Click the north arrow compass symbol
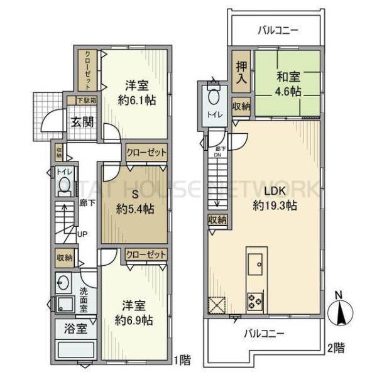pyautogui.click(x=340, y=309)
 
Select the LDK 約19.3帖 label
pyautogui.click(x=275, y=197)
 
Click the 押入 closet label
pyautogui.click(x=241, y=72)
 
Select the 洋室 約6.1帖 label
pyautogui.click(x=136, y=93)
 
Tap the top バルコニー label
pyautogui.click(x=277, y=30)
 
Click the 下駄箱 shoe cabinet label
pyautogui.click(x=86, y=100)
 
